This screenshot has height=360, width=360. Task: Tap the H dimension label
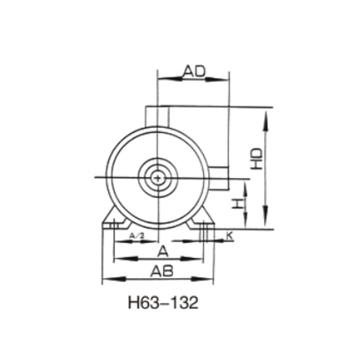click(x=238, y=203)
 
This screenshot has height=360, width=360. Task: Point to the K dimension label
click(x=229, y=235)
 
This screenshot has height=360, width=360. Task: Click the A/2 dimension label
click(x=136, y=235)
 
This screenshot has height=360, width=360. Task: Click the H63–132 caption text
click(x=163, y=302)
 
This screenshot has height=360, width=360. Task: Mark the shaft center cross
click(x=157, y=178)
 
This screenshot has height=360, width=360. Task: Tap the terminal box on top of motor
click(x=157, y=116)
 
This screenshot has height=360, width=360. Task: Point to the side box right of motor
click(x=220, y=178)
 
